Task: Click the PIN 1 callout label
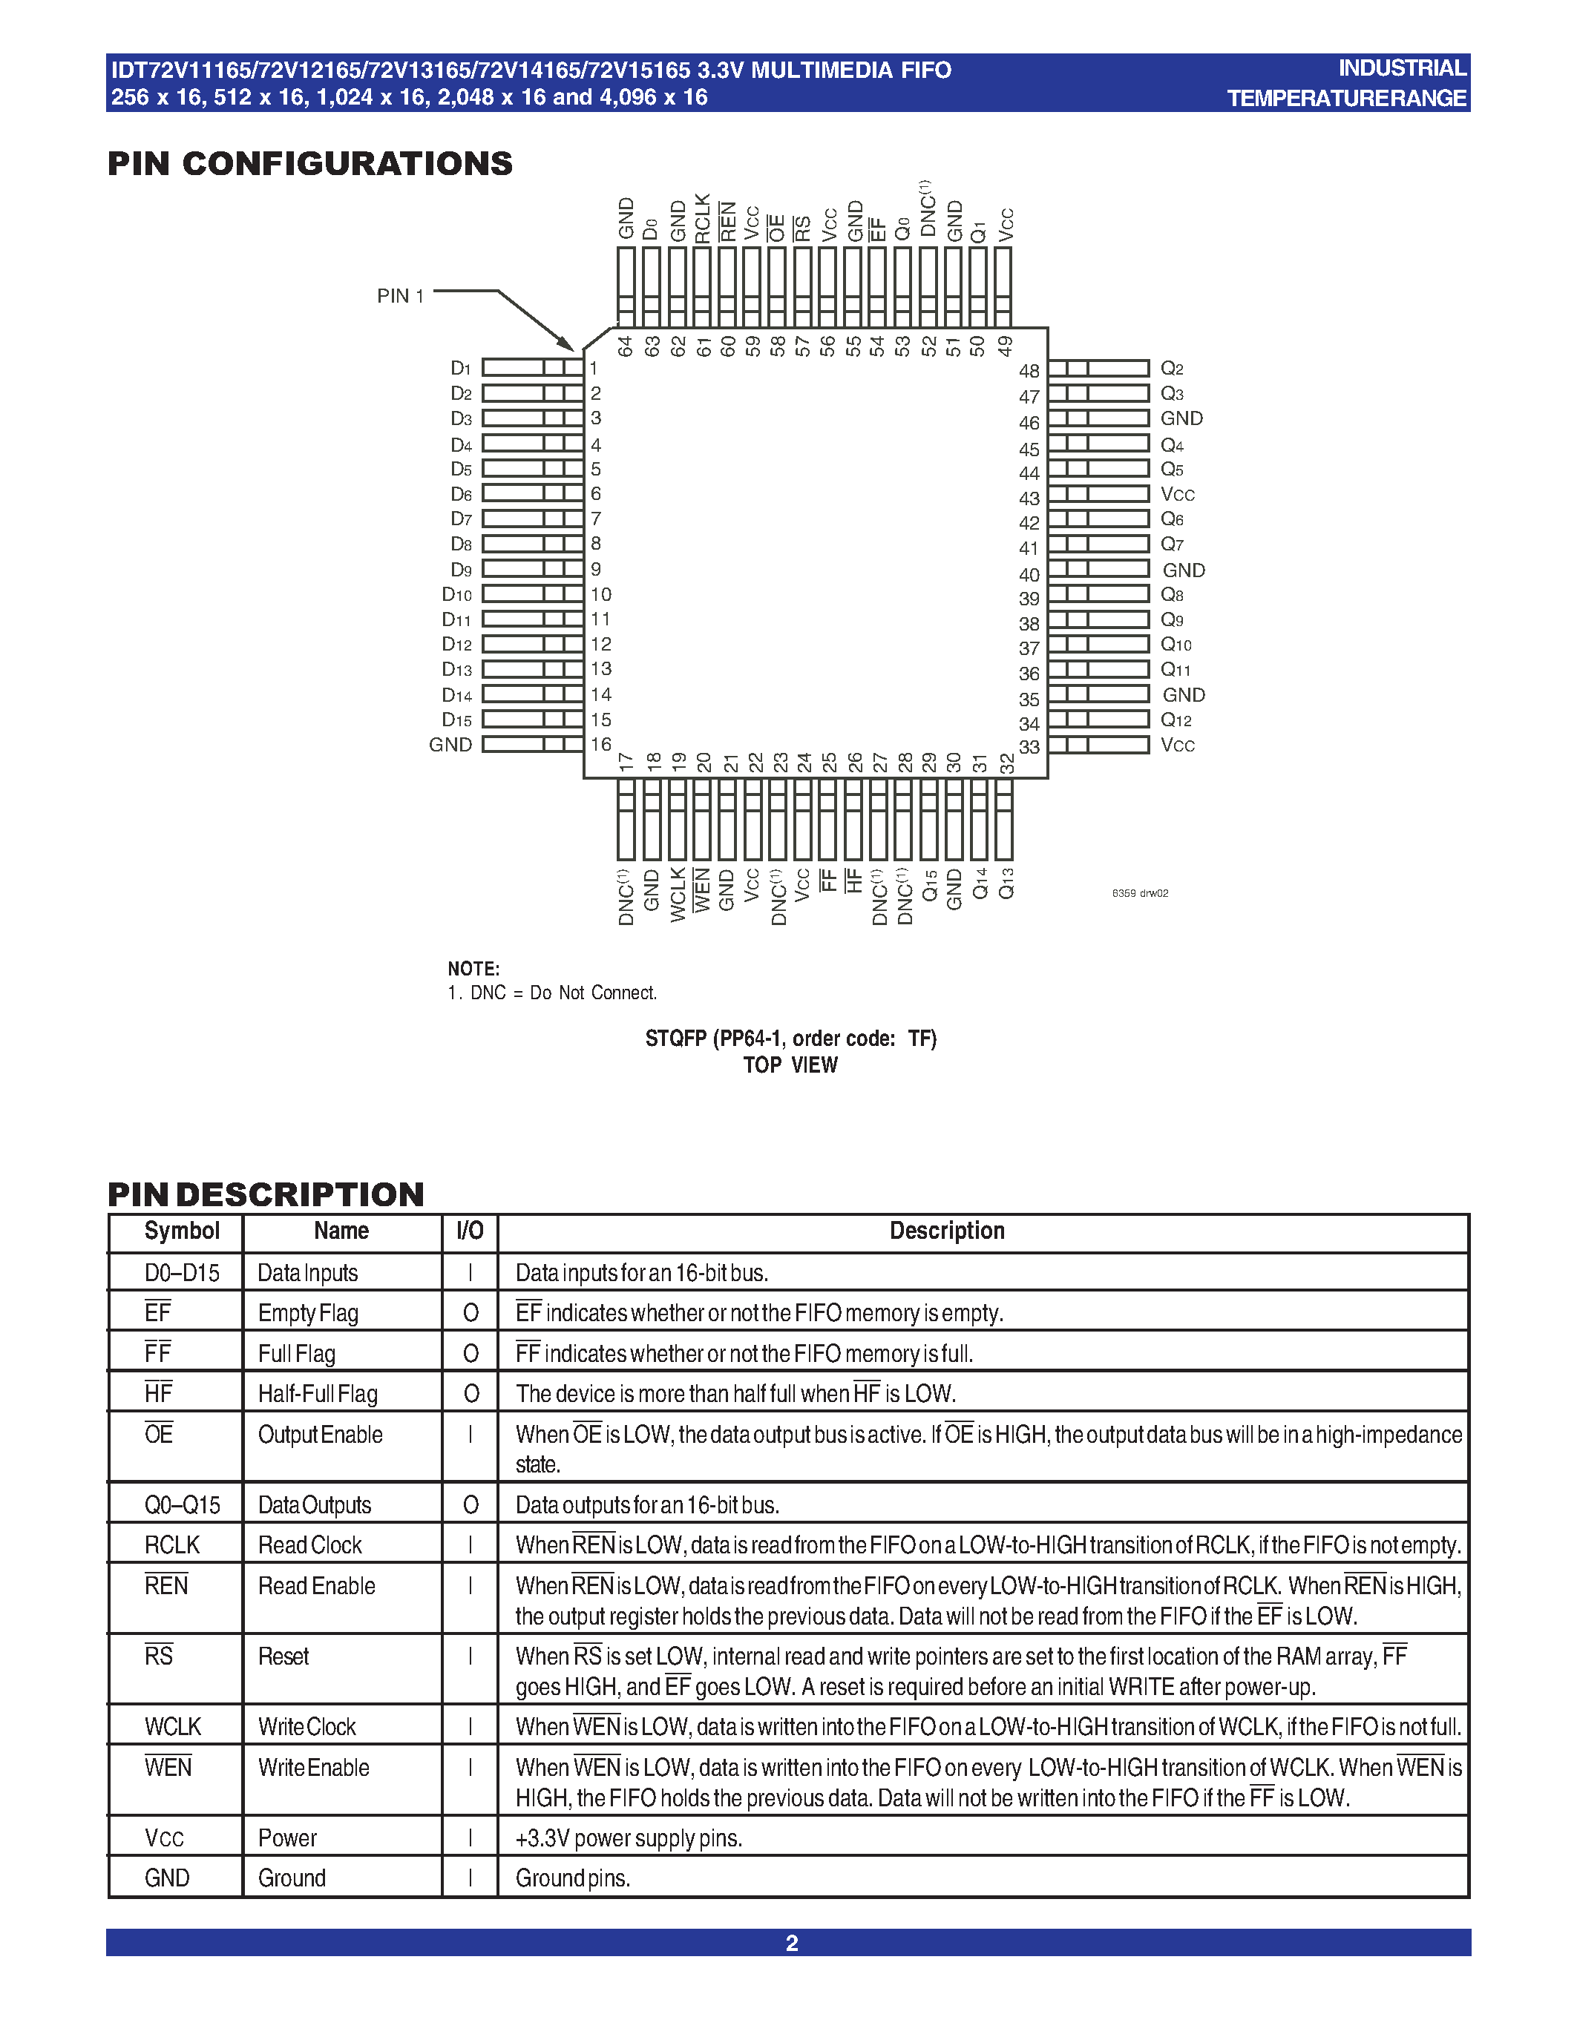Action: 400,296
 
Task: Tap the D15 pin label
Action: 457,720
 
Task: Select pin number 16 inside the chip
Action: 600,745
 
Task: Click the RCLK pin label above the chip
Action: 703,219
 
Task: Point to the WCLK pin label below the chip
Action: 678,894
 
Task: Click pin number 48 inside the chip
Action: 1029,371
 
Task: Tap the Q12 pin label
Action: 1176,720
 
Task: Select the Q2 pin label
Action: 1172,369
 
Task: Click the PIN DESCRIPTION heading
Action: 266,1194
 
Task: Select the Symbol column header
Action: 182,1231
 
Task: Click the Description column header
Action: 946,1231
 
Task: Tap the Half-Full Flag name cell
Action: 318,1394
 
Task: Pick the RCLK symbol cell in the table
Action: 172,1545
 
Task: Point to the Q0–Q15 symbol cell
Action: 182,1505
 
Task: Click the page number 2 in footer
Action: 791,1943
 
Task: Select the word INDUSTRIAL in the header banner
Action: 1401,68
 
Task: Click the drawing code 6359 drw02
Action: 1140,893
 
